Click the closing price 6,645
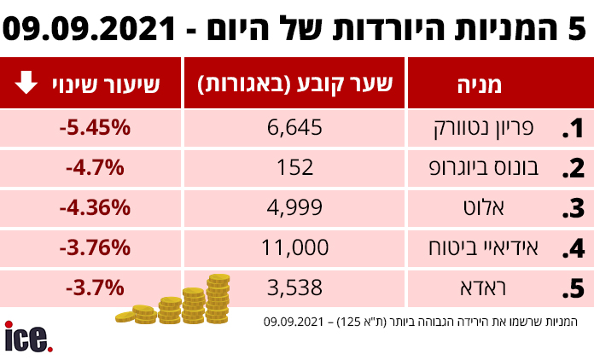tap(294, 128)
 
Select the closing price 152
tap(295, 167)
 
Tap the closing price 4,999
tap(294, 207)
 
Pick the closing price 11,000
tap(294, 247)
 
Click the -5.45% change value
tap(95, 128)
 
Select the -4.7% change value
tap(95, 167)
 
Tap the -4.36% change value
tap(95, 207)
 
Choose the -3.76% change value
tap(95, 247)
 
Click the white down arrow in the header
tap(26, 83)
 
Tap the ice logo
tap(28, 337)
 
